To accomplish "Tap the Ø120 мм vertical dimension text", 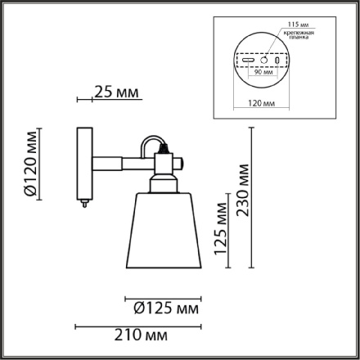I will click(x=30, y=163).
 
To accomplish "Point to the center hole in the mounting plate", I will click(x=263, y=60).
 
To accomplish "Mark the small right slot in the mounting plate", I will click(x=277, y=61).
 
